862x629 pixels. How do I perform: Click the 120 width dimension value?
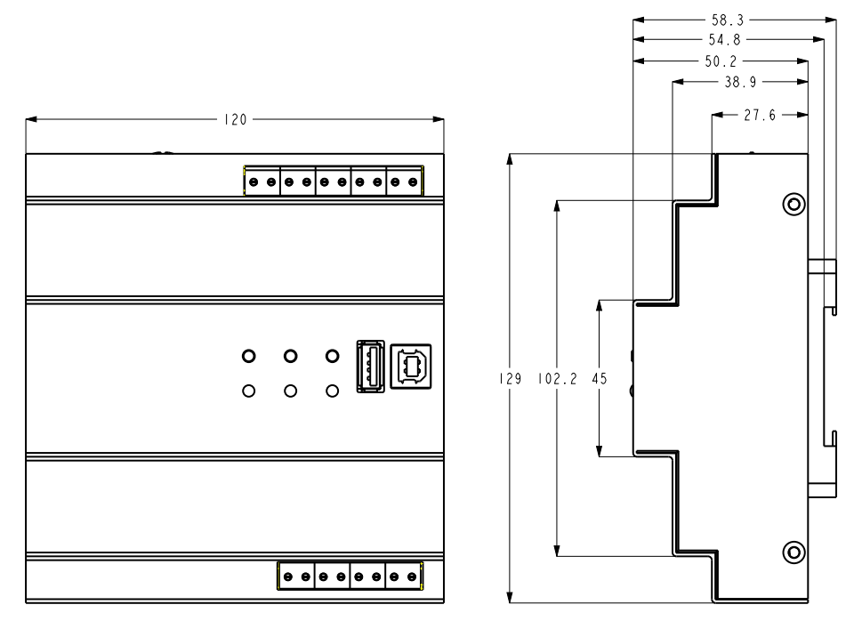point(235,120)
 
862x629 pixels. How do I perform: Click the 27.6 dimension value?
point(760,115)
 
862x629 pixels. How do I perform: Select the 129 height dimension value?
point(509,378)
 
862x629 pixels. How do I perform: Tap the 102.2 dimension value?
point(557,378)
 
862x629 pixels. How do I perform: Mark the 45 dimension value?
point(600,378)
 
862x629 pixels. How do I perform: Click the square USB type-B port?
point(409,366)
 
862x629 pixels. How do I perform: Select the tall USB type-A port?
point(369,366)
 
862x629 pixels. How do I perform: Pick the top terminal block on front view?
point(333,181)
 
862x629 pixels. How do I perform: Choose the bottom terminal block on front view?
point(350,576)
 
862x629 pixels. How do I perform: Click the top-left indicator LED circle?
point(249,357)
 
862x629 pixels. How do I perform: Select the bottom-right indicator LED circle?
point(332,391)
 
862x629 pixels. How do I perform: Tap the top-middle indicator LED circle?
point(290,357)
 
